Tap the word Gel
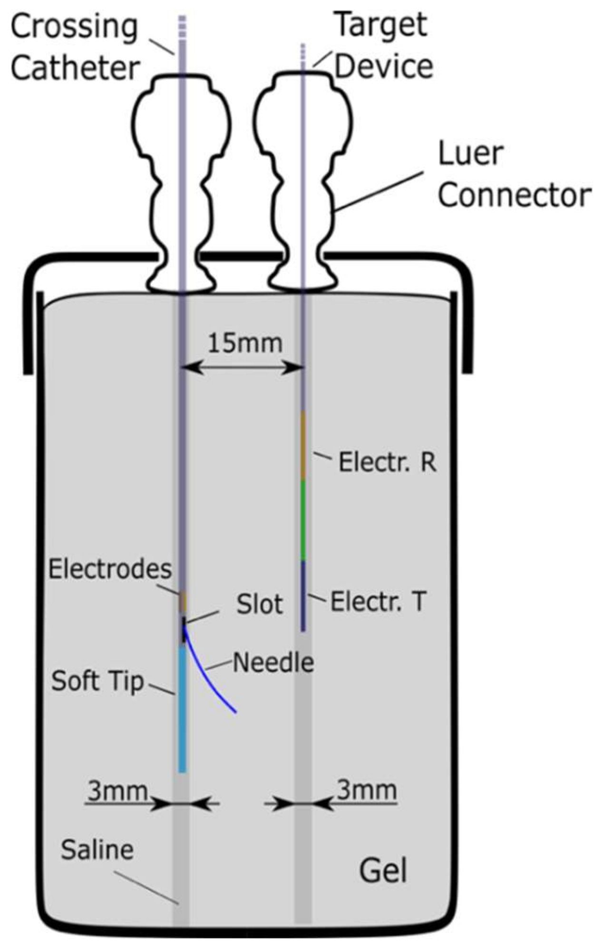click(x=383, y=871)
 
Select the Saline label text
click(x=97, y=850)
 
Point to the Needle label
click(x=273, y=663)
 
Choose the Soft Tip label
click(x=97, y=681)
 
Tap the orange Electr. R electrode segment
click(x=303, y=445)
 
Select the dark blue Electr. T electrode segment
click(x=303, y=595)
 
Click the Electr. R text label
click(x=387, y=462)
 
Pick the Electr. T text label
click(x=379, y=601)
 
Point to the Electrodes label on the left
click(x=110, y=569)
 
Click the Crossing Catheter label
click(x=75, y=48)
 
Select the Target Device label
click(x=383, y=45)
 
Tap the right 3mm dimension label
click(x=367, y=790)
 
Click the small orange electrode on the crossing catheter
click(x=182, y=602)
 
